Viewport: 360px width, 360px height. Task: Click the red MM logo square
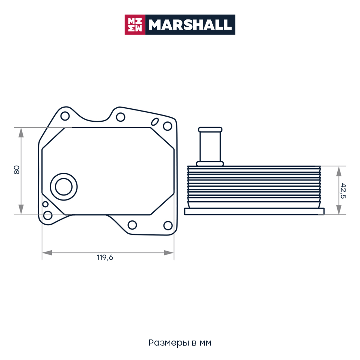coord(135,25)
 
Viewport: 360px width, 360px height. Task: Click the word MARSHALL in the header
coord(190,25)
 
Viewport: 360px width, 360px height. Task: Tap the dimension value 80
coord(17,170)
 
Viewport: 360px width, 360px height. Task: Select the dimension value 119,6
coord(105,258)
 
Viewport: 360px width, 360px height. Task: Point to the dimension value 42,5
coord(343,191)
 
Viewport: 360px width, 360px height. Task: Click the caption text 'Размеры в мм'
coord(180,343)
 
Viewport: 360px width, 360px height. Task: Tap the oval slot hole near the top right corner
coord(155,122)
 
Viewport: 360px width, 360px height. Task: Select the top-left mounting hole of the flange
coord(65,116)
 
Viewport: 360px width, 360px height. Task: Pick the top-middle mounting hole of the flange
coord(121,117)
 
